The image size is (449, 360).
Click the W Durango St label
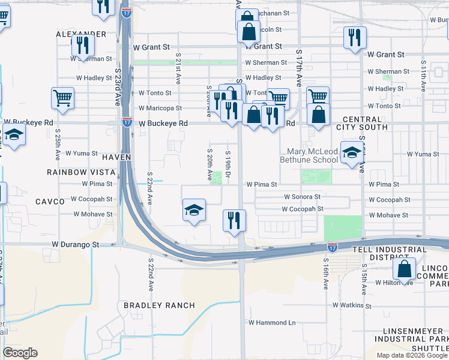click(x=75, y=245)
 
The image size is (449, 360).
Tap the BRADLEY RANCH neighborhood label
click(x=159, y=305)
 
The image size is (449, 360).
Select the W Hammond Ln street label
click(x=272, y=323)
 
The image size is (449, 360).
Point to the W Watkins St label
click(x=345, y=305)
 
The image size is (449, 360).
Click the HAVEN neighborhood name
click(x=116, y=157)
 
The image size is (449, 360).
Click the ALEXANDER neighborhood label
click(x=81, y=34)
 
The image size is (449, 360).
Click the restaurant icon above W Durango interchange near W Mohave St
click(x=234, y=220)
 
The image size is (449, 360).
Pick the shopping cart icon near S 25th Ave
click(x=63, y=98)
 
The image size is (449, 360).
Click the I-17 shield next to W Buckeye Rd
click(x=127, y=121)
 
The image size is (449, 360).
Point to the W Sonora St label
click(x=302, y=197)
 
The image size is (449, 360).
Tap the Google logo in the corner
click(x=20, y=353)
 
